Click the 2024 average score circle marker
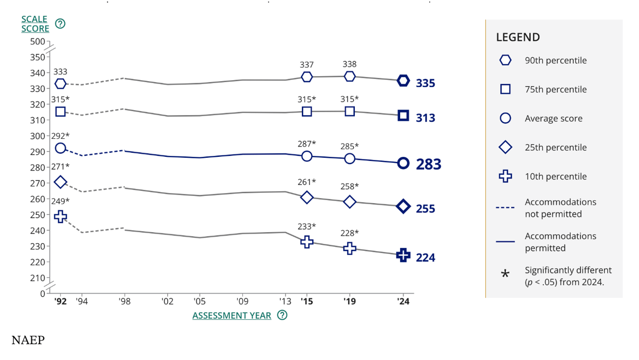click(403, 163)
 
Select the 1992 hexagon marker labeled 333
click(60, 84)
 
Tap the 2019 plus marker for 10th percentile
click(349, 248)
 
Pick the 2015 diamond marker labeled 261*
click(307, 198)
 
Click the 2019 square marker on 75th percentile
click(349, 112)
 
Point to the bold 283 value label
click(429, 164)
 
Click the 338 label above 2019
click(349, 64)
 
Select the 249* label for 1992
click(60, 201)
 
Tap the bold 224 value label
click(425, 257)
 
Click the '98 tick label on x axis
click(125, 301)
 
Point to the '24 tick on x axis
click(403, 301)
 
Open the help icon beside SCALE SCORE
click(60, 24)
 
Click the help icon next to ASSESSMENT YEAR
click(282, 315)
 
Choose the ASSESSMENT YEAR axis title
click(232, 315)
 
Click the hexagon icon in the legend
click(505, 60)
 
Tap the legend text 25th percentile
click(555, 148)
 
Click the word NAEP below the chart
click(28, 340)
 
